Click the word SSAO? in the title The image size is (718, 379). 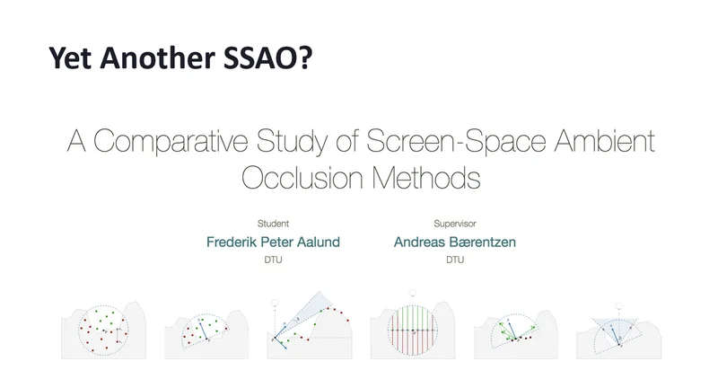[x=267, y=57]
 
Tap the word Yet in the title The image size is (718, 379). [x=71, y=57]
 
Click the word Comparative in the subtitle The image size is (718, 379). [x=171, y=141]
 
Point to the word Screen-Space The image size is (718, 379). [x=456, y=141]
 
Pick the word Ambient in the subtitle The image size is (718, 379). [x=604, y=140]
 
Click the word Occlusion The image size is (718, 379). [x=302, y=177]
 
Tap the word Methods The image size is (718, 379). [x=425, y=177]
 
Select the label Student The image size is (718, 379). [x=273, y=224]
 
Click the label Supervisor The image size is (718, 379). [x=455, y=224]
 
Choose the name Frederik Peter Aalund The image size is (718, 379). [x=273, y=242]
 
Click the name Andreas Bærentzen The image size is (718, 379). [x=455, y=242]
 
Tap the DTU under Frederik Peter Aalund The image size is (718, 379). [x=273, y=260]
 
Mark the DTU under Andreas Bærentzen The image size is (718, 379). [x=455, y=260]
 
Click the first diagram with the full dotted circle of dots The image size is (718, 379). [x=103, y=330]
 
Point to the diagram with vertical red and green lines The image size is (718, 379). [x=413, y=329]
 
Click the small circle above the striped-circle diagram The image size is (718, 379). [x=412, y=293]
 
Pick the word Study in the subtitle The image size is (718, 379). [x=292, y=141]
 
